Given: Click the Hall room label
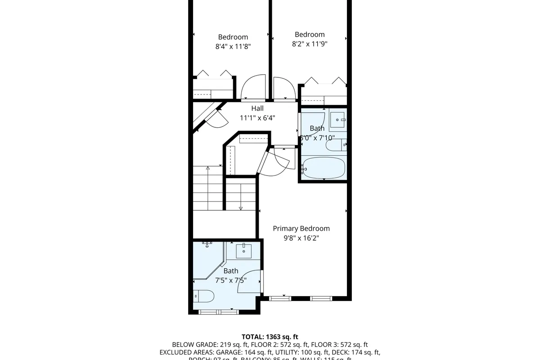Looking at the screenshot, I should point(257,108).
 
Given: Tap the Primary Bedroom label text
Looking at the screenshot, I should point(301,229).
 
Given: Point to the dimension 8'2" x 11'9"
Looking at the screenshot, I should point(309,44).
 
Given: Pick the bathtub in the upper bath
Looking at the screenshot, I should point(324,168).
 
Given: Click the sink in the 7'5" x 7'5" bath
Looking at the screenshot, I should point(243,250).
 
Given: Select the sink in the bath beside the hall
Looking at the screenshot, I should point(337,120).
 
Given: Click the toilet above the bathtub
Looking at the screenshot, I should point(336,145).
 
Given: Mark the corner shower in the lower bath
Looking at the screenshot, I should point(208,261).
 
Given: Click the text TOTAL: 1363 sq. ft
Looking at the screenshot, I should point(270,337).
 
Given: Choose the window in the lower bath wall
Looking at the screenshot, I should point(218,312).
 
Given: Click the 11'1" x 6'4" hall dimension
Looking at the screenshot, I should point(257,118).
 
